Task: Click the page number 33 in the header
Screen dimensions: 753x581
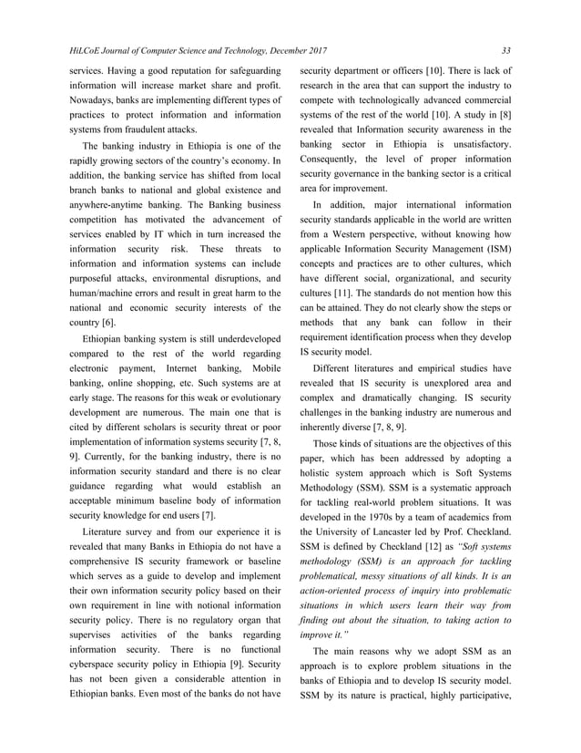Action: tap(506, 49)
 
